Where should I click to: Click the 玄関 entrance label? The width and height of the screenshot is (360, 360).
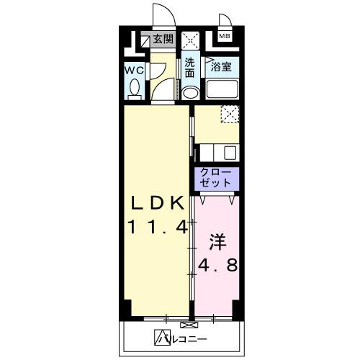click(162, 40)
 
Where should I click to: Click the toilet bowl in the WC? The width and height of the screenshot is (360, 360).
click(135, 89)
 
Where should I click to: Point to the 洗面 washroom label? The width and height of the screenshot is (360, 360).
click(190, 68)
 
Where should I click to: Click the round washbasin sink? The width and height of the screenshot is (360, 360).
click(191, 94)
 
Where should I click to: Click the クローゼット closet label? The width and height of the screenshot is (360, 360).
click(215, 177)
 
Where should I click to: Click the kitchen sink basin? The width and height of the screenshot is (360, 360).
click(230, 153)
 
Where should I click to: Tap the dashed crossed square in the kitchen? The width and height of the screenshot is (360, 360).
click(229, 113)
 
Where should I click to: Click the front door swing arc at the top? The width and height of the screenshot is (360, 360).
click(161, 16)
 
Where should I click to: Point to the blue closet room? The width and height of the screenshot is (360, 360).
click(215, 179)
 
